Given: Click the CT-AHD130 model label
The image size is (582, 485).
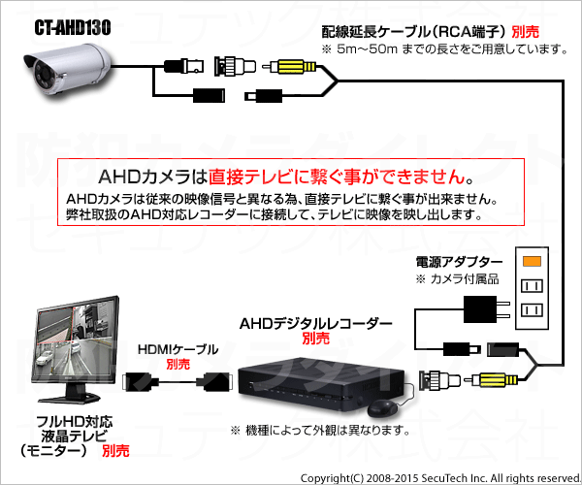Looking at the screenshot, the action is [x=73, y=27].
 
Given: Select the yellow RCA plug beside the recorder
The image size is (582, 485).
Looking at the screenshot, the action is [x=494, y=380].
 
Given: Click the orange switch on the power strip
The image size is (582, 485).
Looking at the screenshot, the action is [x=532, y=261].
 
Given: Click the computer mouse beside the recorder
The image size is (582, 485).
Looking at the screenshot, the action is [x=382, y=408].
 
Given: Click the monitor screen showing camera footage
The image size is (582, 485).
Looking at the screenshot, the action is [x=76, y=339].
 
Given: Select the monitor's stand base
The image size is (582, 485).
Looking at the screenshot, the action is [x=70, y=398].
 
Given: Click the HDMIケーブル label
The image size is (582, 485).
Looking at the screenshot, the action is [x=178, y=349].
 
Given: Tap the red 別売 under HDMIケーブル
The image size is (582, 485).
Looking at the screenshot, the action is [x=178, y=364].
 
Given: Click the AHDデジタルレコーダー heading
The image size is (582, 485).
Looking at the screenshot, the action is [x=315, y=324].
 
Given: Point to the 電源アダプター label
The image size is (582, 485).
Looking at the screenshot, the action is [x=459, y=262].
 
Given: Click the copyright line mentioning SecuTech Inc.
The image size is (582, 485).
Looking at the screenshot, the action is [x=440, y=478].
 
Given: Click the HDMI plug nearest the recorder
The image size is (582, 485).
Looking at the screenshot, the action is [x=214, y=382].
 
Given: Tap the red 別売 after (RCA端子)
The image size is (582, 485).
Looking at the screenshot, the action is [x=525, y=32].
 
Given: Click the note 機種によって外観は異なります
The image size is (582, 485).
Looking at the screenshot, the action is [x=320, y=431].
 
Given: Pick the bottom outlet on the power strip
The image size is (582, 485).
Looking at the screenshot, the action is [x=532, y=309].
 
